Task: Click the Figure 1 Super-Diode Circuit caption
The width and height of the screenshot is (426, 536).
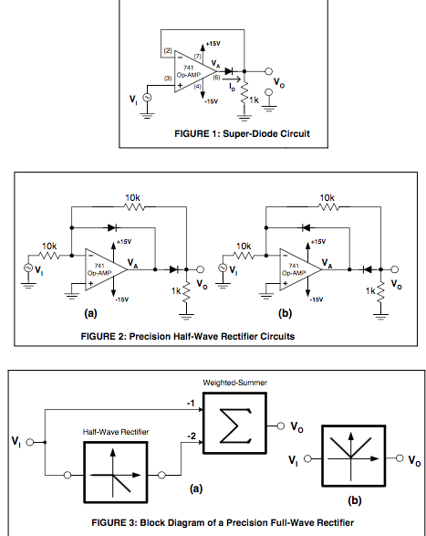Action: tap(242, 133)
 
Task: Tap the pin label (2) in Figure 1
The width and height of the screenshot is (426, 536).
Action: tap(168, 49)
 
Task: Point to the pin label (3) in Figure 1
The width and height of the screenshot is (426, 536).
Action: tap(168, 79)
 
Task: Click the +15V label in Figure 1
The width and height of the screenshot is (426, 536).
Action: tap(213, 43)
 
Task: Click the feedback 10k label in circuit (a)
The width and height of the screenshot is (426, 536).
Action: tap(133, 196)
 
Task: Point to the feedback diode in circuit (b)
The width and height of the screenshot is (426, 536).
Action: tap(308, 226)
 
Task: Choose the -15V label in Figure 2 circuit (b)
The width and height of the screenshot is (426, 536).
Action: tap(317, 299)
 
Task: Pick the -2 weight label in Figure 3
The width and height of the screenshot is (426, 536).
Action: tap(189, 438)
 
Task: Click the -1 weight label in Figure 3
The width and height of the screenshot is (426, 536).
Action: tap(190, 403)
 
